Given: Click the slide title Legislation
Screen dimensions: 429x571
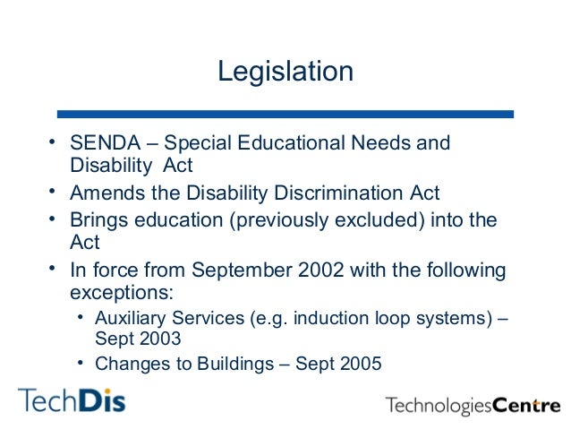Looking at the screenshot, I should [285, 71].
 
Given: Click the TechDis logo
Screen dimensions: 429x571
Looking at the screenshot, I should [72, 399].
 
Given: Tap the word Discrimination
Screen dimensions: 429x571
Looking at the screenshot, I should [327, 193].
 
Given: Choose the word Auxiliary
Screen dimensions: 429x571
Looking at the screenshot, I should [130, 316].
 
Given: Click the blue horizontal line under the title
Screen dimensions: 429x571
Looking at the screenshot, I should [285, 115].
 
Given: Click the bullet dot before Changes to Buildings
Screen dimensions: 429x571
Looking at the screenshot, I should [80, 362].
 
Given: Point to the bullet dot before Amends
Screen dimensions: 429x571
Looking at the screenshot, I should [53, 192].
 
